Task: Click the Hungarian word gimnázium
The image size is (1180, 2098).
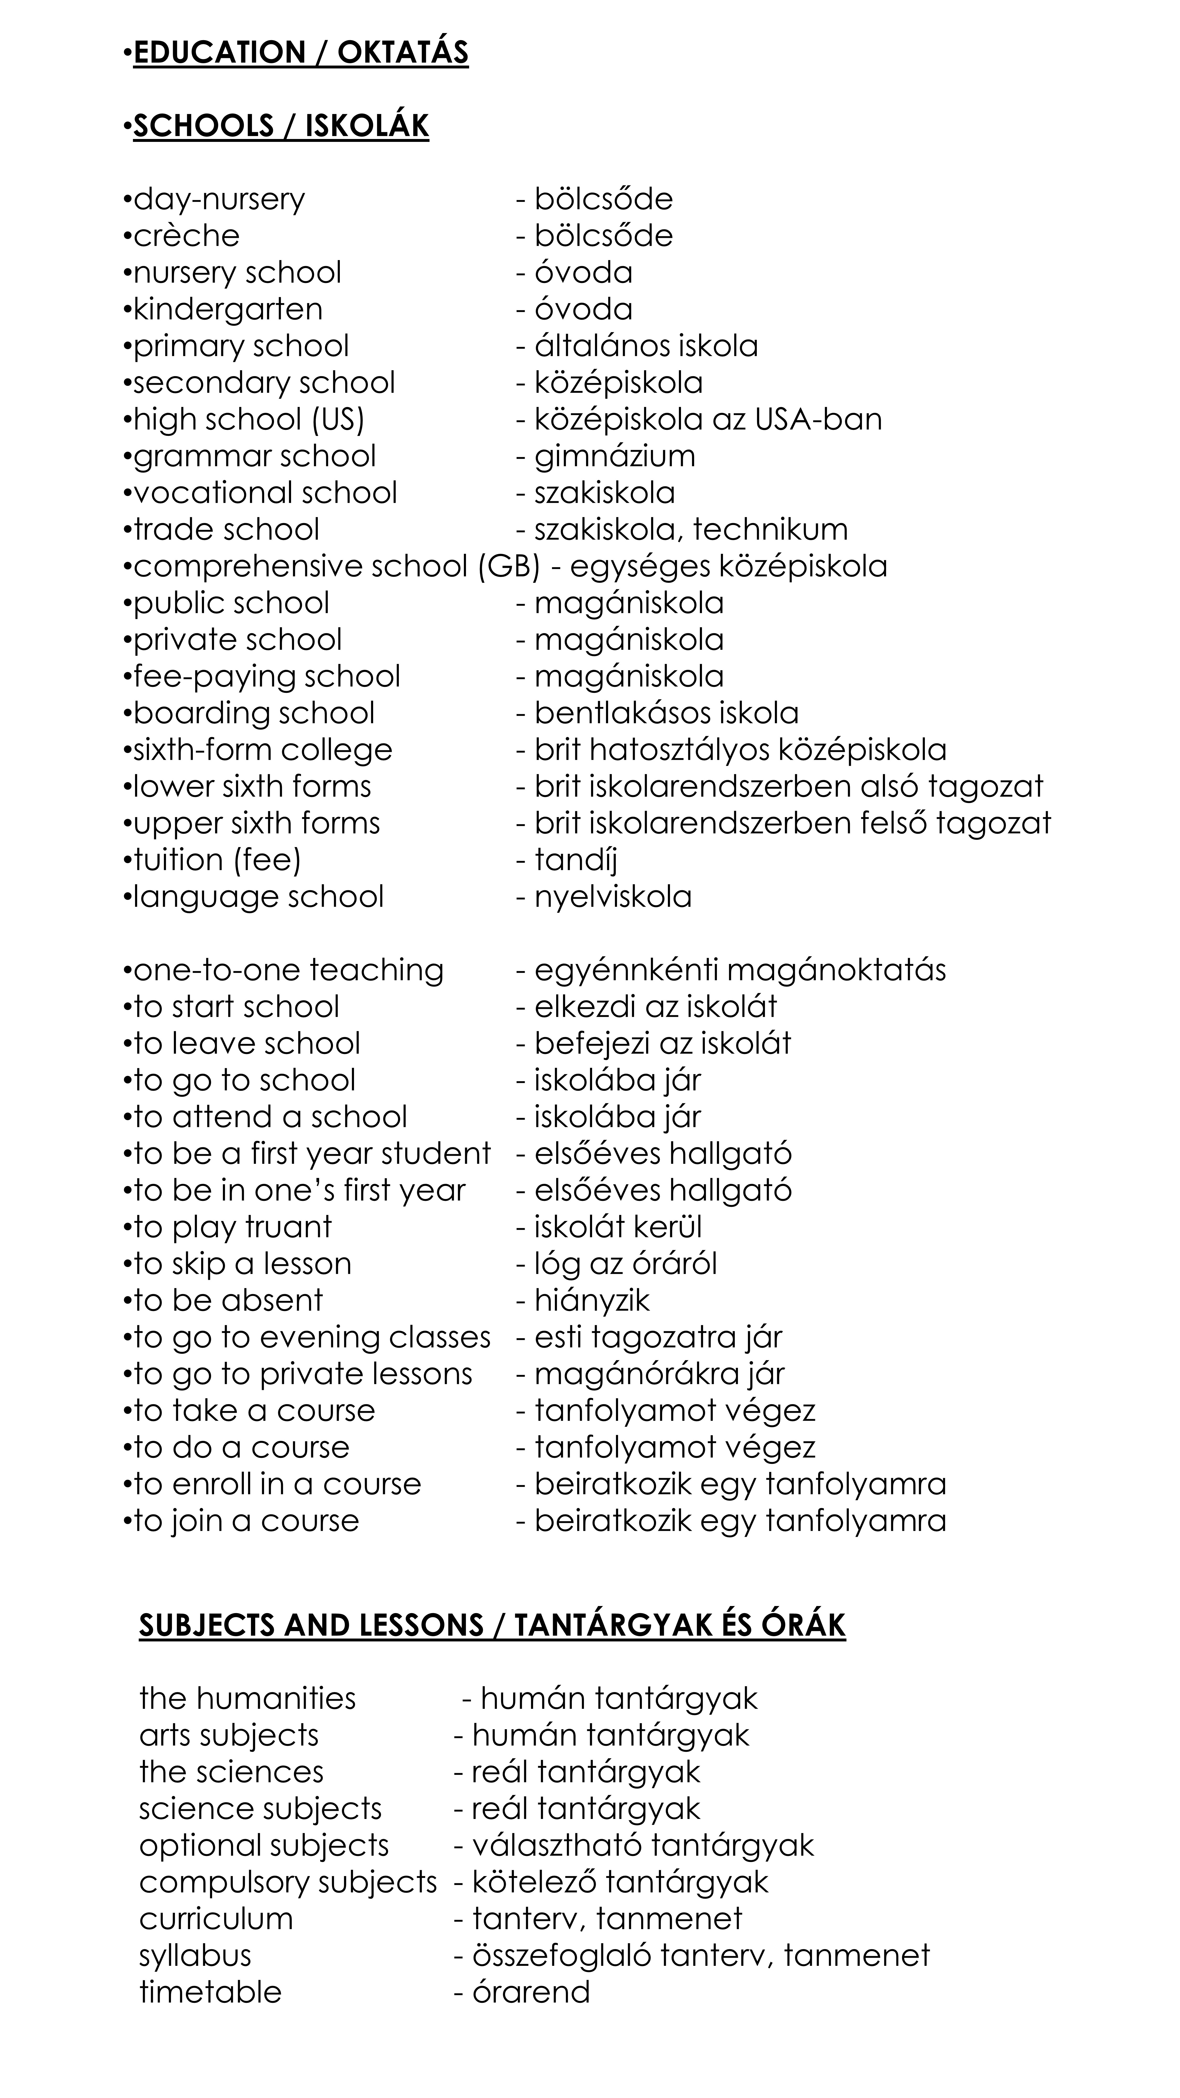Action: click(x=615, y=456)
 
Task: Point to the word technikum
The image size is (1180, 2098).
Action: click(x=770, y=529)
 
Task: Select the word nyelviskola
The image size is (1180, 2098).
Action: click(x=613, y=897)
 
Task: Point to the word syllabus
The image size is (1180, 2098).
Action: click(x=195, y=1956)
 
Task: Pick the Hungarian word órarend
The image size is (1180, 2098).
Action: click(x=531, y=1992)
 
